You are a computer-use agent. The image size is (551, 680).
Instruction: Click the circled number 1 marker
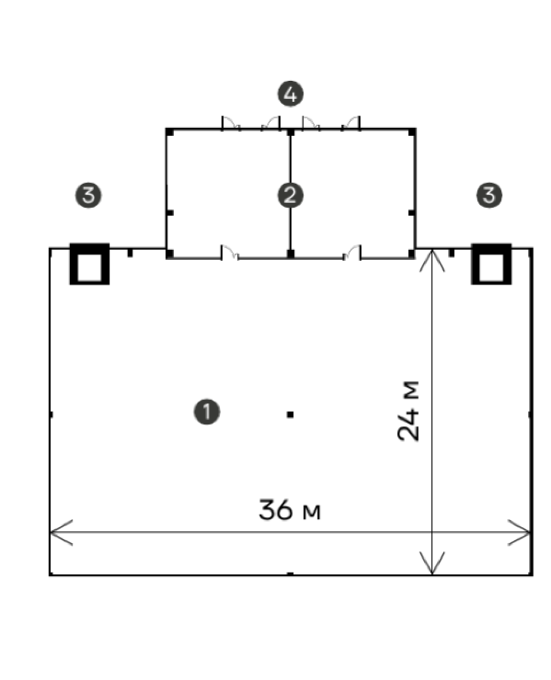(207, 412)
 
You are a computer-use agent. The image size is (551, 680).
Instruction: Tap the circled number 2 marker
(290, 196)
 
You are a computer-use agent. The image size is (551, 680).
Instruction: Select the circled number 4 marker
(290, 94)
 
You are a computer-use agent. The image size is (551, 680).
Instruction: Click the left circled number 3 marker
(88, 196)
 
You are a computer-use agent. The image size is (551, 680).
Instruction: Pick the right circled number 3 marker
(489, 196)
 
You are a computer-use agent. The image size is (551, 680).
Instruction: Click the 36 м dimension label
(290, 510)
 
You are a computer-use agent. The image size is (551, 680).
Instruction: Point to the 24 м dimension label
(409, 411)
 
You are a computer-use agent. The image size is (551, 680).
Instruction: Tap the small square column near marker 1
(290, 414)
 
